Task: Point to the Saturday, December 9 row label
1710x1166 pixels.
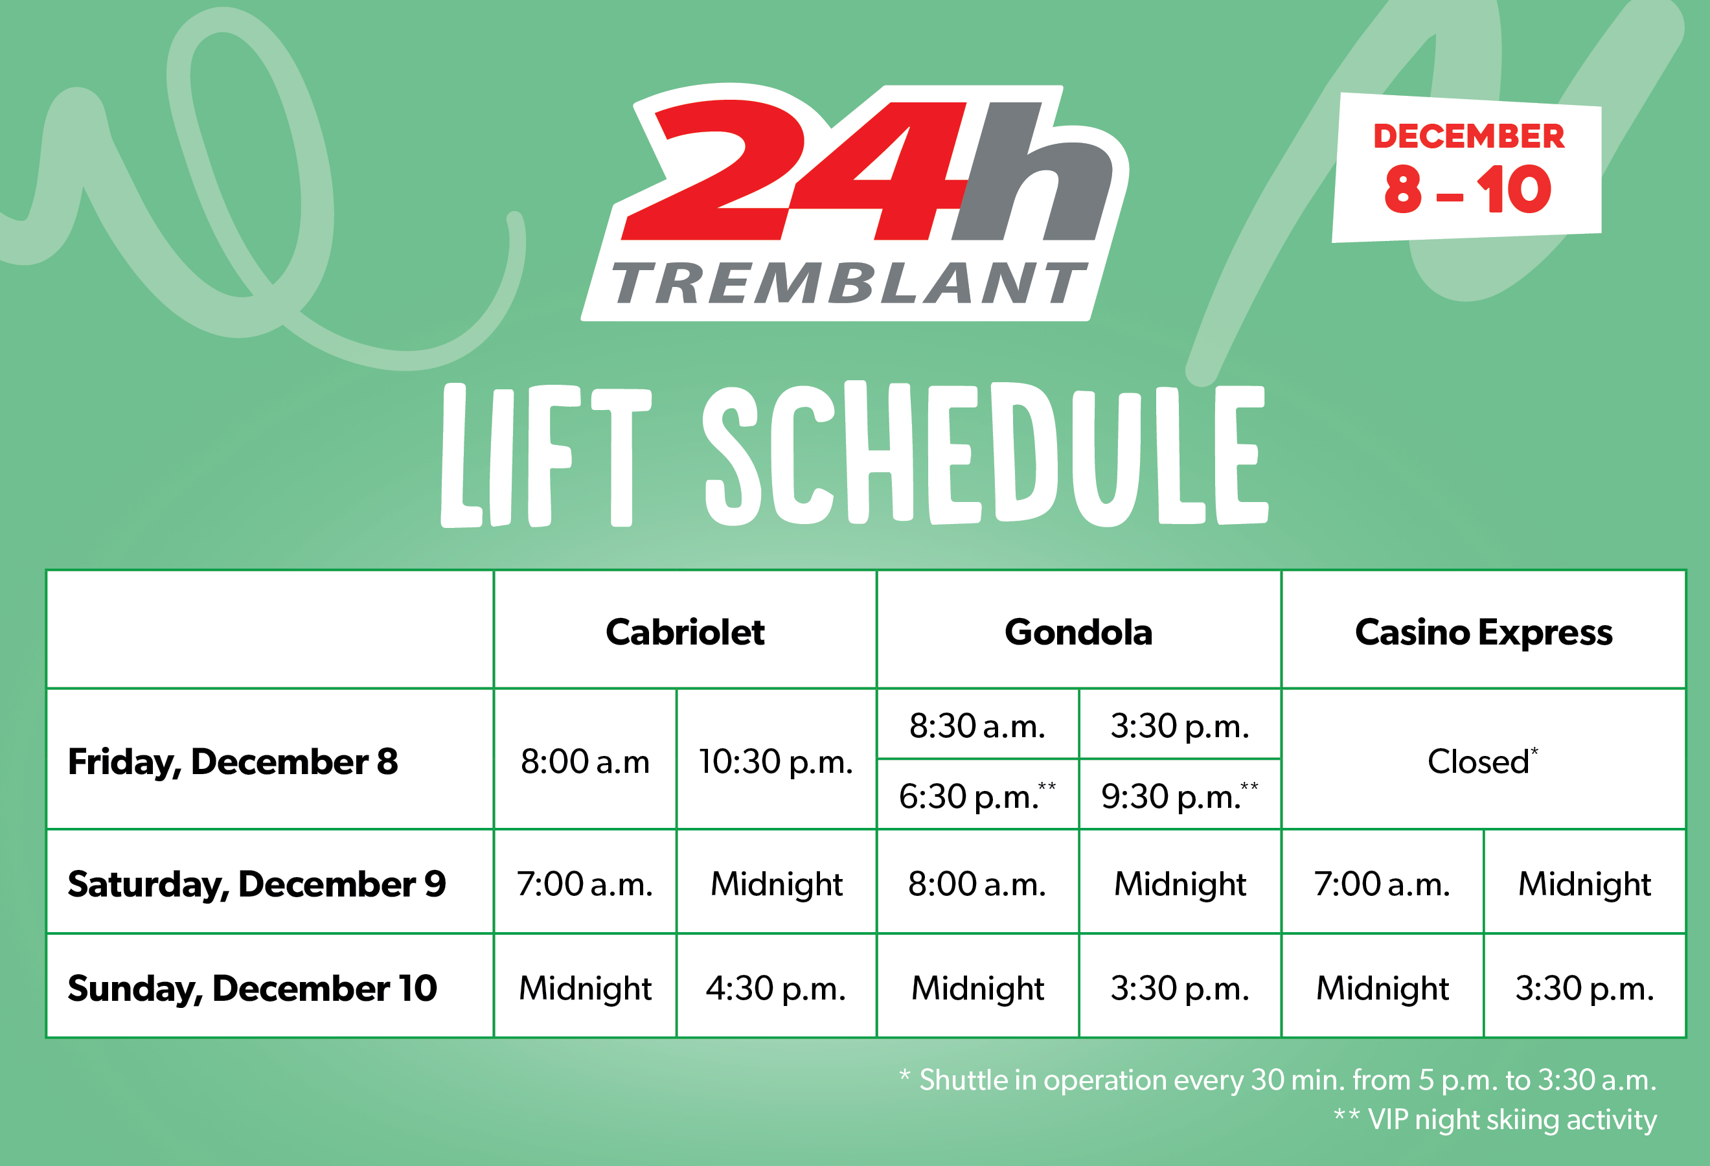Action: (x=256, y=884)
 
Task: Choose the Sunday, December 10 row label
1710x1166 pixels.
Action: (x=253, y=989)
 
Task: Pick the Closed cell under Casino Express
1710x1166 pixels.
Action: (x=1483, y=760)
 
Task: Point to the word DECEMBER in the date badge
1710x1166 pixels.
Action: (x=1468, y=136)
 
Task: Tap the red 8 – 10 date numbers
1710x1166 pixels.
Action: (x=1468, y=190)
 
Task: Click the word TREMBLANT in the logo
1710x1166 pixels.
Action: (x=850, y=283)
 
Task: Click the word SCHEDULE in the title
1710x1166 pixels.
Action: (x=985, y=454)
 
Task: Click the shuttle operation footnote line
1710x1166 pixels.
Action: (x=1278, y=1080)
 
